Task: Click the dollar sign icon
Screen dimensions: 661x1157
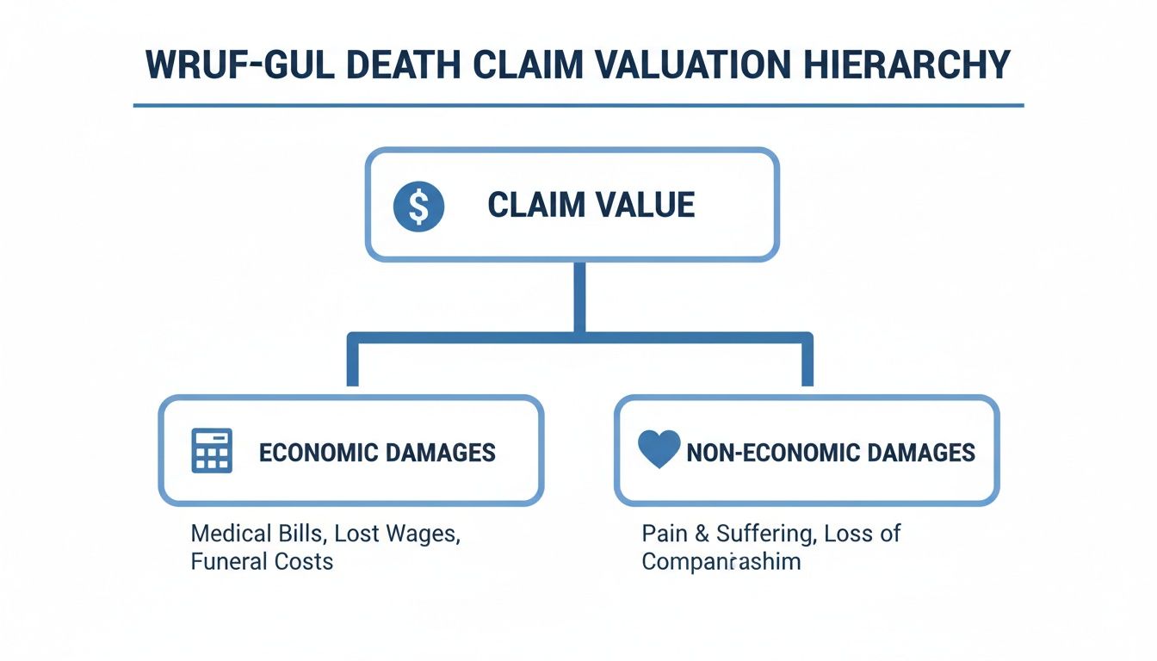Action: click(x=418, y=207)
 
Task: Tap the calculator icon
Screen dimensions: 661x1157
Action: click(x=212, y=451)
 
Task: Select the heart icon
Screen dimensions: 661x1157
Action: click(x=659, y=450)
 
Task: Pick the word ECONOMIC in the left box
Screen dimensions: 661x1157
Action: click(x=313, y=452)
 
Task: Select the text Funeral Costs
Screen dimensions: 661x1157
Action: click(x=262, y=562)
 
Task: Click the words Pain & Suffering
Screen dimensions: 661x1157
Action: click(x=728, y=534)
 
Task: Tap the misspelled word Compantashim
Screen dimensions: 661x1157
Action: click(x=721, y=562)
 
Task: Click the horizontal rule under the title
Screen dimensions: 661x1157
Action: click(x=578, y=106)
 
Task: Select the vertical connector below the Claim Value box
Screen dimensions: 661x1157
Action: click(x=579, y=297)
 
